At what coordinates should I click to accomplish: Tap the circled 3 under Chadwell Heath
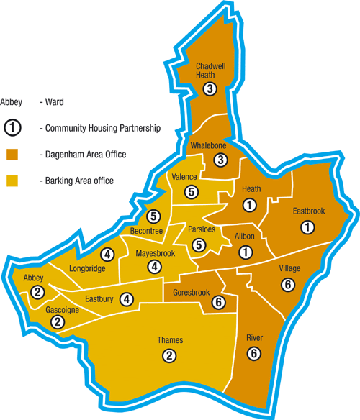click(210, 89)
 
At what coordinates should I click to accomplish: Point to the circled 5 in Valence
click(191, 192)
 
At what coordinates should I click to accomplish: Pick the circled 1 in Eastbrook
click(308, 228)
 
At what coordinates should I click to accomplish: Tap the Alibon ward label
click(246, 237)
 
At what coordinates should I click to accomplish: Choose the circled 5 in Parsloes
click(198, 245)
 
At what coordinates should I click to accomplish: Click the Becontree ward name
click(147, 230)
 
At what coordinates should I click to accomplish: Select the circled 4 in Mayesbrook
click(154, 266)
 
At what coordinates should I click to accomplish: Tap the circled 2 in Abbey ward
click(37, 292)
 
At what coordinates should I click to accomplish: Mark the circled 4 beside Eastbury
click(127, 299)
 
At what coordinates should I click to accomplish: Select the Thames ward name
click(170, 340)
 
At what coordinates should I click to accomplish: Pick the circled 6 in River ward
click(253, 353)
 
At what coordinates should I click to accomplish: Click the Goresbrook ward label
click(192, 293)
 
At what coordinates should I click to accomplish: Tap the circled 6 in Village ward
click(289, 285)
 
